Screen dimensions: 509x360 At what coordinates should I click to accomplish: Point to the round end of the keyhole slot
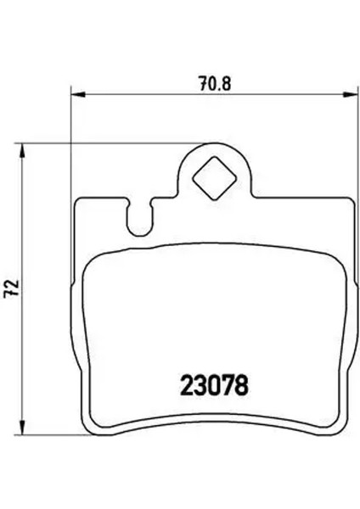click(x=136, y=227)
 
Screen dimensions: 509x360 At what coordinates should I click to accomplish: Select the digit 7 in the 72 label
click(x=11, y=282)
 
